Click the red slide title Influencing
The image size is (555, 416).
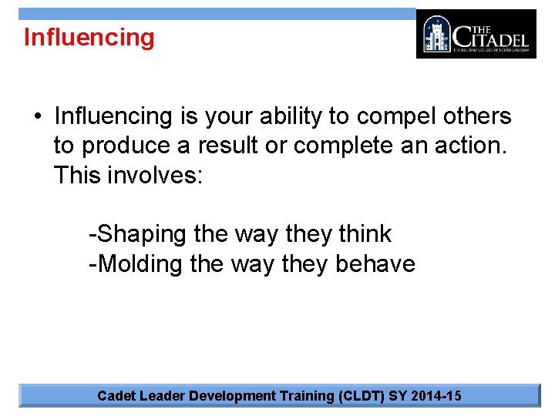(89, 37)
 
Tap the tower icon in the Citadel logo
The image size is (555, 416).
(437, 34)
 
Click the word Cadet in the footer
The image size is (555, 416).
(116, 396)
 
